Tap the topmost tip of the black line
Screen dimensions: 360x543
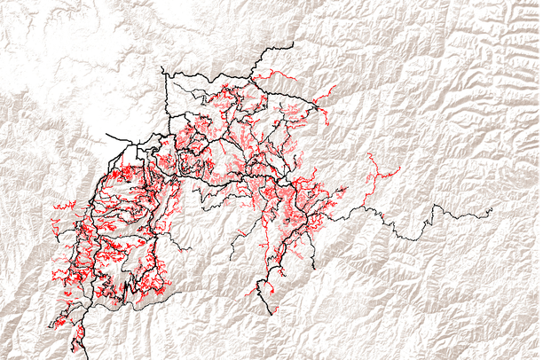292,42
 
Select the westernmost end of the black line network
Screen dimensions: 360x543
106,135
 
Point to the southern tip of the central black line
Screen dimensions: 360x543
270,314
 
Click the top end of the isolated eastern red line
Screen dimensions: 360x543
368,153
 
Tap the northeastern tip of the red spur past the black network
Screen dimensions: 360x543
336,87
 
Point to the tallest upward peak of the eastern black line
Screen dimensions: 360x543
435,206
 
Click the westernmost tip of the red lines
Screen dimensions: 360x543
53,207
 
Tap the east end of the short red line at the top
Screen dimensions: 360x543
296,81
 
